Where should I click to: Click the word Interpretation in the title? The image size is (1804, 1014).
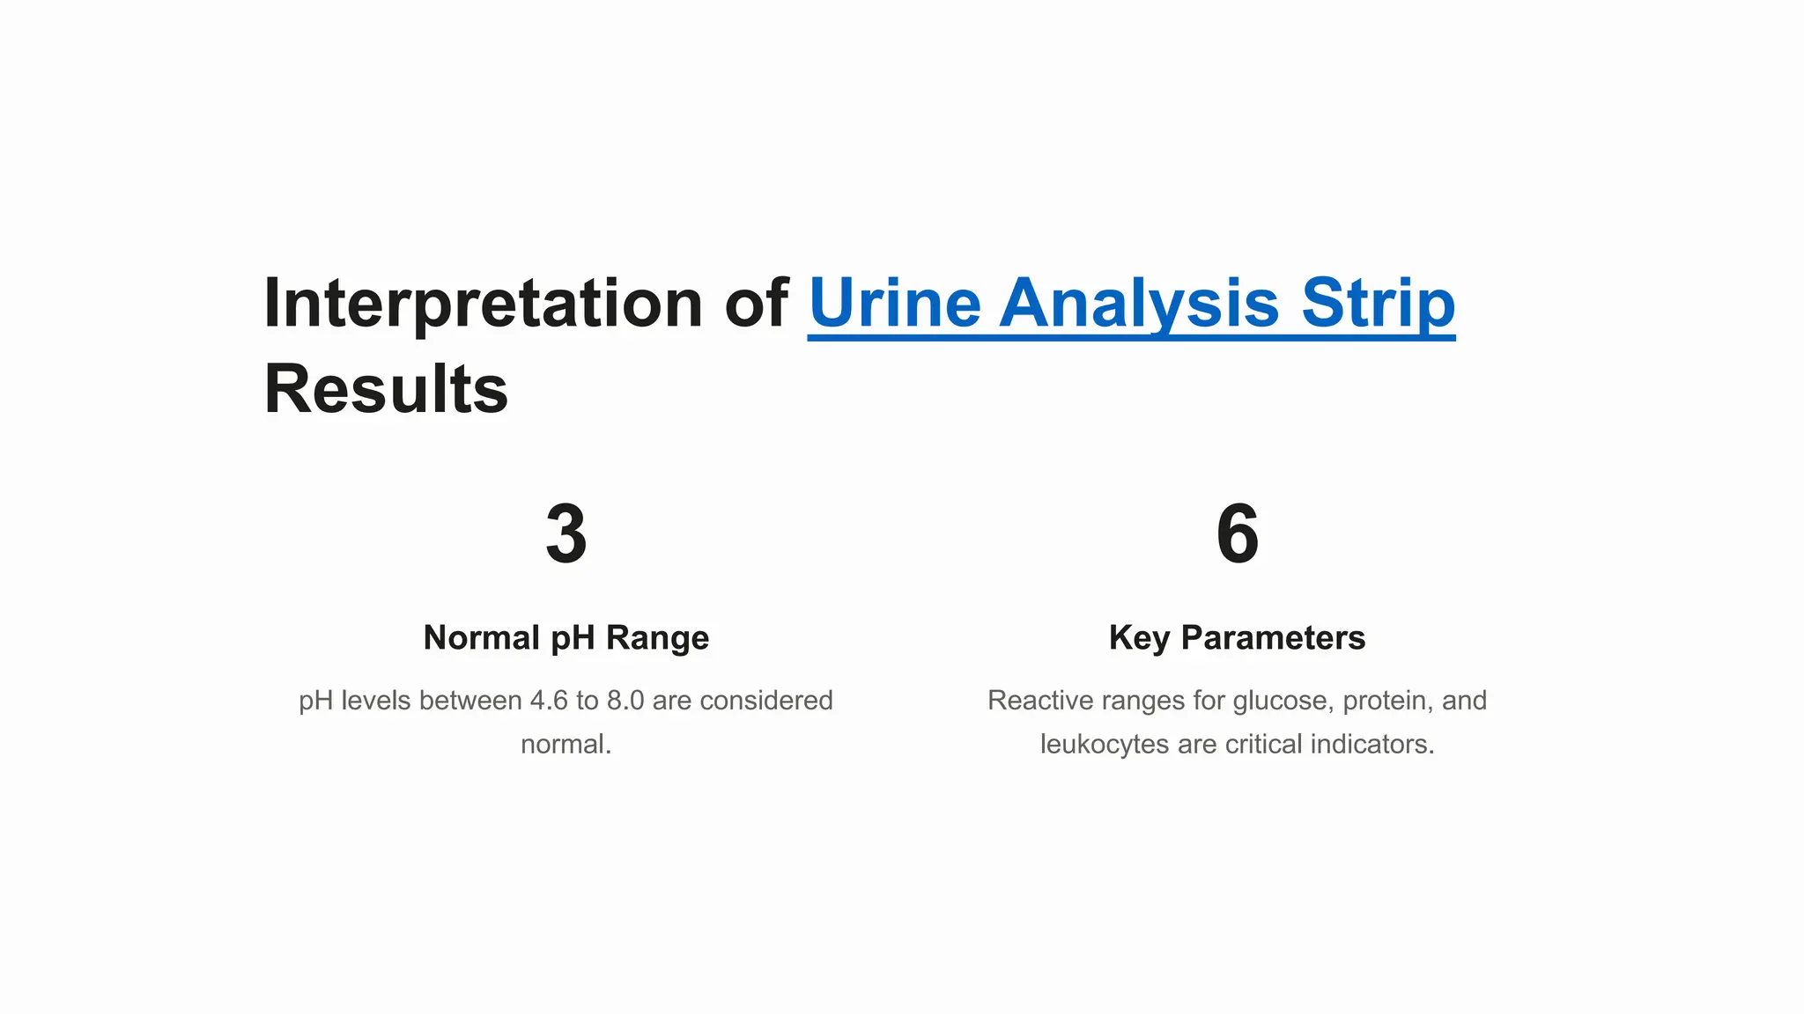coord(483,305)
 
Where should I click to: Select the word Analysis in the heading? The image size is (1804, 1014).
coord(1139,305)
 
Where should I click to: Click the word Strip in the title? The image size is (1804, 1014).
coord(1378,305)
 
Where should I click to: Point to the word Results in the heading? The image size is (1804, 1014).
coord(386,390)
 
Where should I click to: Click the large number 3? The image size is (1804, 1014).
coord(566,534)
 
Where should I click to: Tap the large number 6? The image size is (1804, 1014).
coord(1237,534)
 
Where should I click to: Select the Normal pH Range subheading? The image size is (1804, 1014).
coord(566,637)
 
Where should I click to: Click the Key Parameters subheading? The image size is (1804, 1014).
coord(1237,637)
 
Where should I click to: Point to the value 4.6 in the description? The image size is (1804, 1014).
coord(549,701)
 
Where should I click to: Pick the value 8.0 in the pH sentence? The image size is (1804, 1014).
coord(625,701)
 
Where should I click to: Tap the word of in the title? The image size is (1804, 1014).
coord(755,305)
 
